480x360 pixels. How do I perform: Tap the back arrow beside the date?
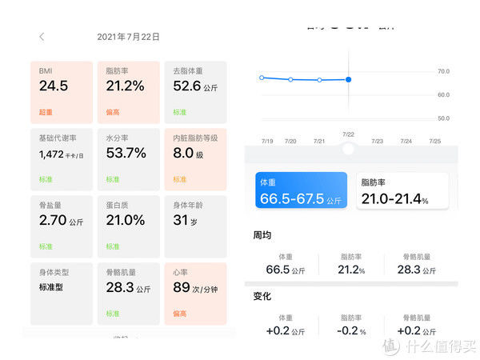[x=42, y=37]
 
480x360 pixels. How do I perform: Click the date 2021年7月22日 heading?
[x=128, y=37]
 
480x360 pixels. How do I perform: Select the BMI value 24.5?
[x=54, y=86]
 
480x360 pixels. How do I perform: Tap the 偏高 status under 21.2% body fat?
[x=113, y=112]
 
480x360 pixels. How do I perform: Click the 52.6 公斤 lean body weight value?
[x=195, y=86]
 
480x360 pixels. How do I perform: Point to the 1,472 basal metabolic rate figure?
[x=58, y=153]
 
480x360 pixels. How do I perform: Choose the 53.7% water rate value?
[x=126, y=153]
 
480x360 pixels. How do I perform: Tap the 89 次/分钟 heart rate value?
[x=195, y=287]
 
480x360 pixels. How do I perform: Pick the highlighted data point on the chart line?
[x=348, y=79]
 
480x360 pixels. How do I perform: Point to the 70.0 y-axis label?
[x=443, y=72]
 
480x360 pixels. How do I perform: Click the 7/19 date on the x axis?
[x=267, y=141]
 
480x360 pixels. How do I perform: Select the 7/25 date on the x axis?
[x=435, y=141]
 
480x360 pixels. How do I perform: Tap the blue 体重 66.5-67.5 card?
[x=302, y=191]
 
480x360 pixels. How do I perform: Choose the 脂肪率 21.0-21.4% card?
[x=402, y=191]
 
